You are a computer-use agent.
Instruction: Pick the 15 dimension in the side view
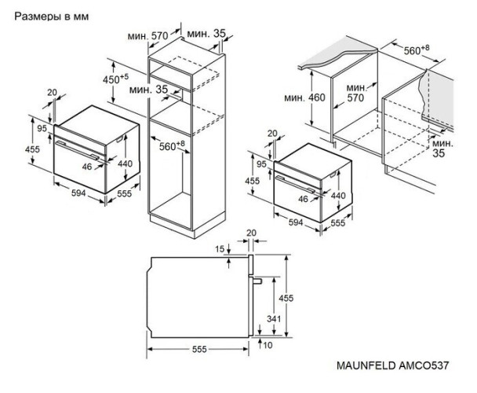tap(219, 248)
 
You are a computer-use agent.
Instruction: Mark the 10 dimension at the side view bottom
tap(268, 345)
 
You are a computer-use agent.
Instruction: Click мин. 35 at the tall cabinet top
tap(206, 33)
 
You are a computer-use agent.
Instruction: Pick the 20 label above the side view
tap(251, 233)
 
